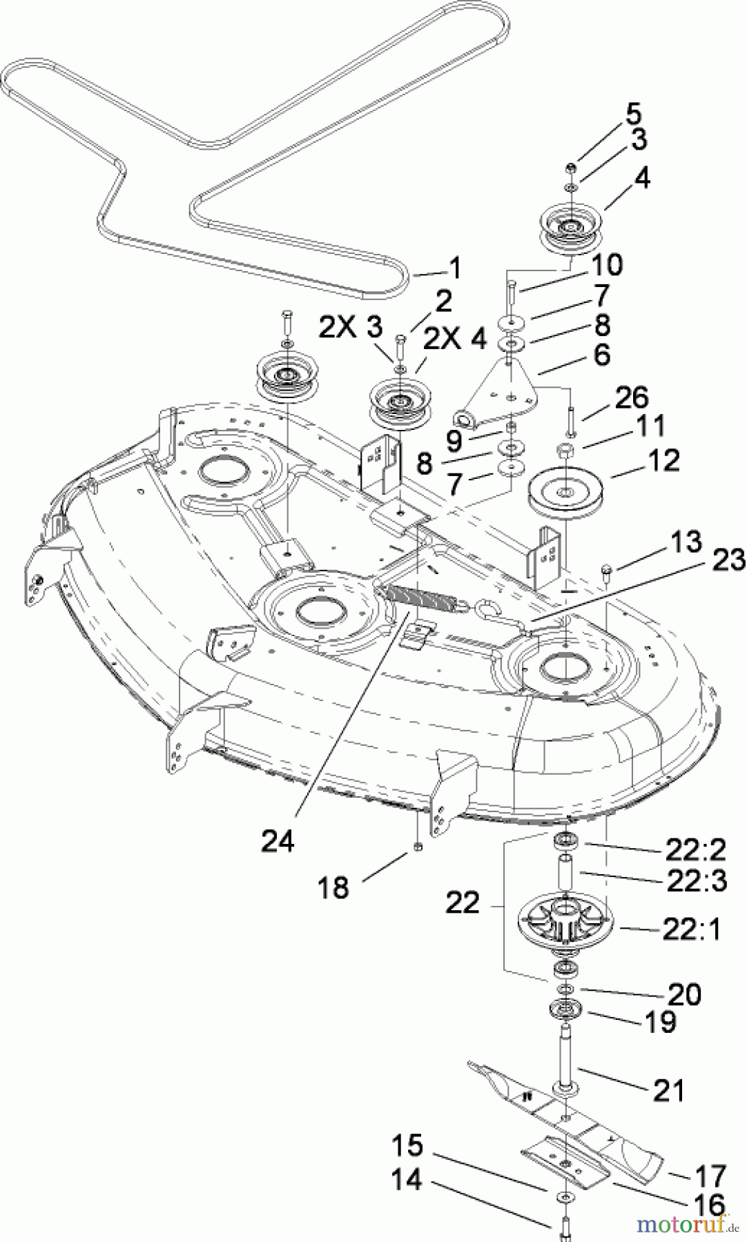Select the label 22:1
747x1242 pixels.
click(692, 929)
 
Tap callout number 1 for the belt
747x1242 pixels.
click(455, 267)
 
